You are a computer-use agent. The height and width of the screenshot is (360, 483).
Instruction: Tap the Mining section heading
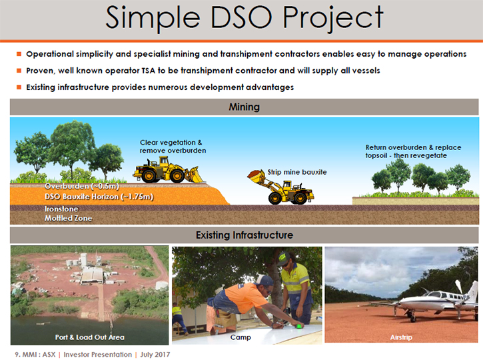point(244,107)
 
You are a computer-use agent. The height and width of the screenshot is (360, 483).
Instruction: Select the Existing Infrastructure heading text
point(244,235)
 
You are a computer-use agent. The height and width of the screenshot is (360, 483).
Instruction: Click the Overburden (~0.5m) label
point(82,186)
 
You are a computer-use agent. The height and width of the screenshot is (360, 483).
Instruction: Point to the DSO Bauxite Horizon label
point(99,197)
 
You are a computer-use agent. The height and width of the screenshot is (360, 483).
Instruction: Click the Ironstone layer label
point(61,209)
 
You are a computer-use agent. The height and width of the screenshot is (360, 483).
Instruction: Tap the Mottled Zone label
point(69,218)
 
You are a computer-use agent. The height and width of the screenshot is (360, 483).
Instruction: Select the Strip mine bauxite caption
point(297,172)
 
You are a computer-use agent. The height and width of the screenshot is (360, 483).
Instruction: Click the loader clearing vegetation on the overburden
point(169,170)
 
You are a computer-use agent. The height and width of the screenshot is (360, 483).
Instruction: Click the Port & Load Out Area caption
point(90,337)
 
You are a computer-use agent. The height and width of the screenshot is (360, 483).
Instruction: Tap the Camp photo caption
point(241,337)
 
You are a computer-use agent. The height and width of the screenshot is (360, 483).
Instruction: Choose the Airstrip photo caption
point(401,337)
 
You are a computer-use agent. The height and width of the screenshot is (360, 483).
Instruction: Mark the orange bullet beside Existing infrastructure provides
point(19,87)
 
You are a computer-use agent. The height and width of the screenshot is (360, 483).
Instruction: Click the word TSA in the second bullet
point(148,71)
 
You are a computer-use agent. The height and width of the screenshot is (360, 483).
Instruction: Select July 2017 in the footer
point(155,355)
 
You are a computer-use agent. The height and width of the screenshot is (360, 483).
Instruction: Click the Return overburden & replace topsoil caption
point(414,151)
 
